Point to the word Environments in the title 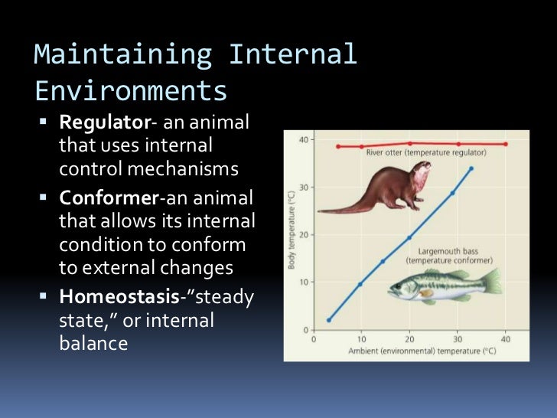(132, 91)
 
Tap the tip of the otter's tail (320, 211)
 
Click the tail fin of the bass (490, 282)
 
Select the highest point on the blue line (471, 168)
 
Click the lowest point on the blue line (328, 320)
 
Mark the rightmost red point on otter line (505, 144)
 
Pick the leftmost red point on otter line (338, 145)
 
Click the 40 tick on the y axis (304, 139)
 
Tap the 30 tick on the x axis (457, 338)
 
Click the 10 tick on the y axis (304, 282)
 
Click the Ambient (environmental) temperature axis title (409, 351)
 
